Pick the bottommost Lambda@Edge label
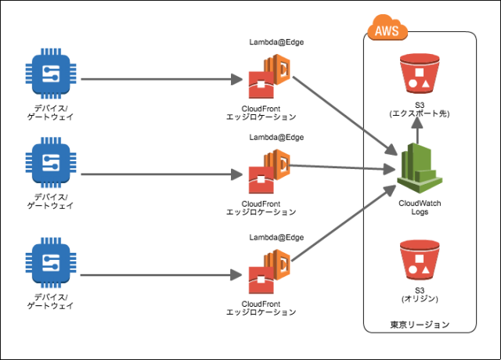276,236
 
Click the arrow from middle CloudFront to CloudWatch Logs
341,167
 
